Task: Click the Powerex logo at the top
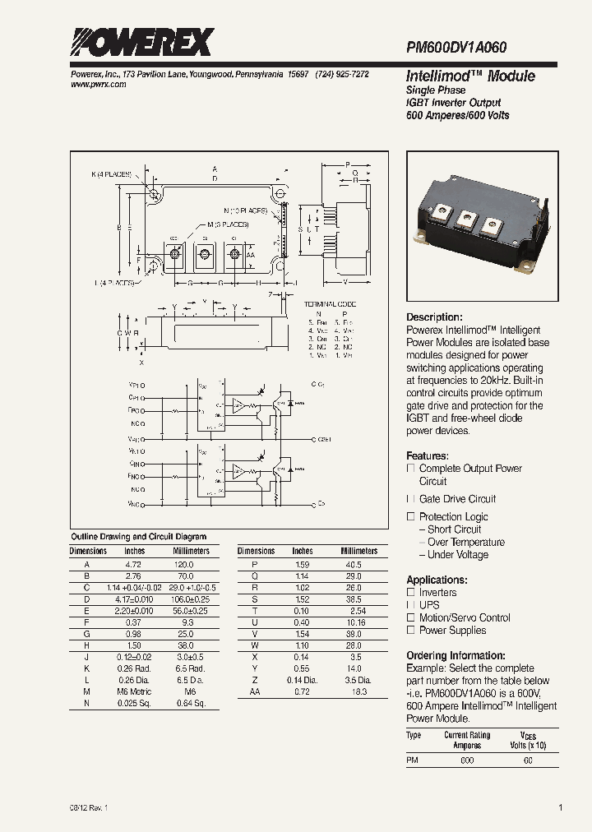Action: [142, 42]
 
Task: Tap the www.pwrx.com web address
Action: [93, 86]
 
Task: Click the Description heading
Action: [434, 317]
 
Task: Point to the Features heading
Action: [428, 455]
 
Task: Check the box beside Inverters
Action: [411, 593]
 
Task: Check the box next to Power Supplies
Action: [411, 631]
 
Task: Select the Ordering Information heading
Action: [456, 655]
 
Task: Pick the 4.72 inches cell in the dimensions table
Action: [133, 566]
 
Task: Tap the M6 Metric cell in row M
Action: [133, 693]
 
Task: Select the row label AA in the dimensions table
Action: [255, 693]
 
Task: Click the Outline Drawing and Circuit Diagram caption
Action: [139, 536]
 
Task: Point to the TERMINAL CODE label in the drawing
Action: [326, 304]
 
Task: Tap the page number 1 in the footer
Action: [560, 807]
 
